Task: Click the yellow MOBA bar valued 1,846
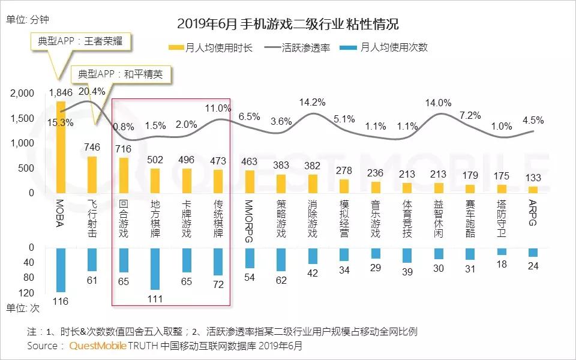[61, 147]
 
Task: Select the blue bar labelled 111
[155, 268]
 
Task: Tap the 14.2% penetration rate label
[312, 102]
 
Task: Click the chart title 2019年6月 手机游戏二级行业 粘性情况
[288, 25]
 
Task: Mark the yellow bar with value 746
[92, 175]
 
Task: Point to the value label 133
[533, 178]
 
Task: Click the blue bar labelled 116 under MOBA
[61, 269]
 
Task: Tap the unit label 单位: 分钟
[27, 19]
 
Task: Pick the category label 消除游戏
[312, 220]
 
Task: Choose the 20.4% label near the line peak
[92, 91]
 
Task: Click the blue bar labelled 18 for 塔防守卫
[502, 251]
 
